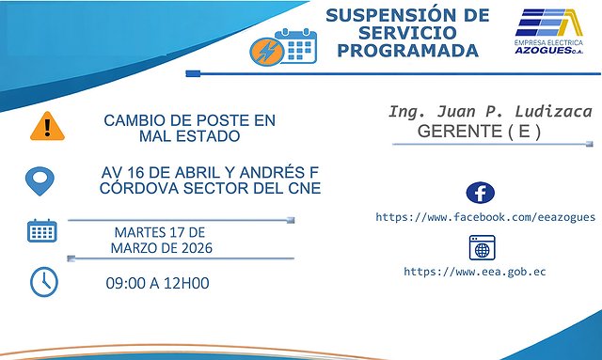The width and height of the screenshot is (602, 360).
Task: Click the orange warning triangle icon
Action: coord(47,127)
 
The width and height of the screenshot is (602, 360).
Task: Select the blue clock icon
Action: coord(43,281)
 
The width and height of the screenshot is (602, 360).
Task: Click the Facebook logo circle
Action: coord(481,194)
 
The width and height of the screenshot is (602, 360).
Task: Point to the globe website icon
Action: coord(481,248)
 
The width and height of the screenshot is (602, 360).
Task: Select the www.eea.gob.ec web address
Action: coord(475,272)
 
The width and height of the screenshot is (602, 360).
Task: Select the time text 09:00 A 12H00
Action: coord(158,283)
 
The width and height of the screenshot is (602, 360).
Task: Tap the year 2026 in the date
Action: coord(192,248)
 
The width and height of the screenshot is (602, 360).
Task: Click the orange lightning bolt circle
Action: coord(267,51)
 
